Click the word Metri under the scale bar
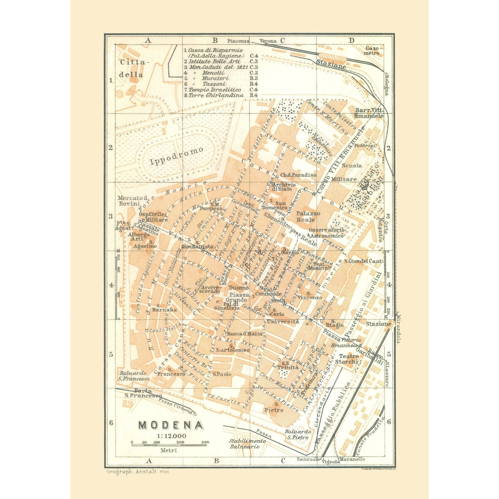tap(168, 457)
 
